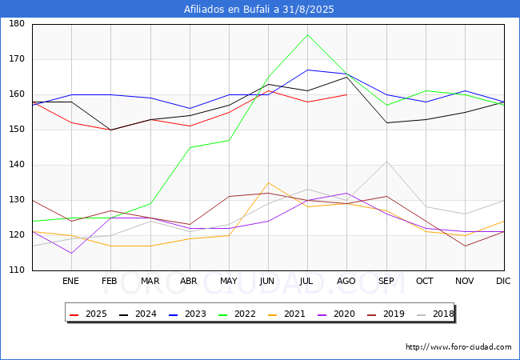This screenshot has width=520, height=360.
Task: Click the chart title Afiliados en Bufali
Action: click(258, 10)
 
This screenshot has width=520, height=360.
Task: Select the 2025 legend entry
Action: click(88, 314)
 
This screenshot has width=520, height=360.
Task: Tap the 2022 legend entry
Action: click(237, 314)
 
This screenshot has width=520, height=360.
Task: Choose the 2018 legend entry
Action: click(434, 314)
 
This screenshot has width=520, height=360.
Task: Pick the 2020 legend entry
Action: click(336, 314)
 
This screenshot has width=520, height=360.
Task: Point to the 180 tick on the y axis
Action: click(17, 23)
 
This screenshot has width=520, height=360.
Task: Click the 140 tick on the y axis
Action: click(17, 165)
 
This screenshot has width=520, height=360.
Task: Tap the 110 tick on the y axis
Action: click(17, 270)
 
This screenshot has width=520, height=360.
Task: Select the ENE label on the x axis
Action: click(70, 281)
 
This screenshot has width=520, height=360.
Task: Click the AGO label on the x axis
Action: click(346, 281)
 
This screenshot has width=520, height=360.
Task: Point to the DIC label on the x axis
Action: click(503, 281)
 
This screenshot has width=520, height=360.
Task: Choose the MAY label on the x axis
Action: click(229, 281)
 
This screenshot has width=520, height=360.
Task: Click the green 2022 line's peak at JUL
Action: click(308, 34)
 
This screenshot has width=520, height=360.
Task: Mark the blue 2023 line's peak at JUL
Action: click(308, 70)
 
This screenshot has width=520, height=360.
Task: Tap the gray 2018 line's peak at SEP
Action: click(386, 162)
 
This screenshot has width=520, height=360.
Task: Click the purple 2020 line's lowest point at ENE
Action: click(71, 254)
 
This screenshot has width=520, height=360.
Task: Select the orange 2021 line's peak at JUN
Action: click(268, 182)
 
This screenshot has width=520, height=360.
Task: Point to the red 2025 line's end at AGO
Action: click(347, 94)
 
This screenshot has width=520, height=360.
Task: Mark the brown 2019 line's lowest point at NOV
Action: click(466, 246)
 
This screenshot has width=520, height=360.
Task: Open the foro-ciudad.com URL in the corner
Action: click(458, 347)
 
